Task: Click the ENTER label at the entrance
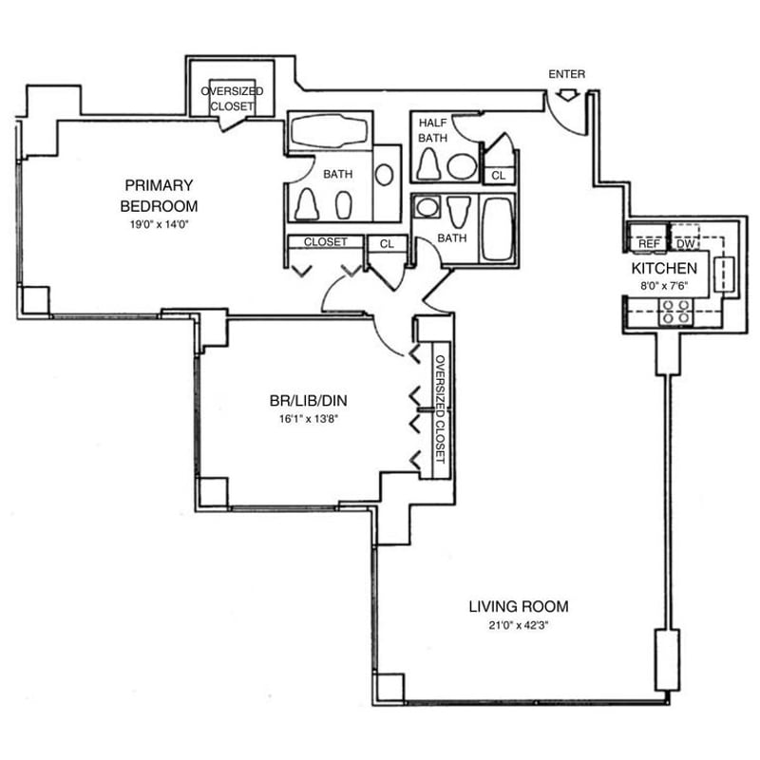[x=566, y=74]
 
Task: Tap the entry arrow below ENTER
[x=567, y=95]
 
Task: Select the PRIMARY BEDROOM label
[x=159, y=196]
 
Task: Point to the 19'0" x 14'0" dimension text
[x=159, y=224]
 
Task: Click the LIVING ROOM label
[x=519, y=606]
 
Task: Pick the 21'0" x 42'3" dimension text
[x=518, y=625]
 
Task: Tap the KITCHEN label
[x=664, y=268]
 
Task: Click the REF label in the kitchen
[x=649, y=244]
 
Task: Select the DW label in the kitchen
[x=685, y=244]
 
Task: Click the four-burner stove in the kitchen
[x=676, y=312]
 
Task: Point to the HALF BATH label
[x=433, y=130]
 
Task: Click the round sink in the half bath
[x=462, y=165]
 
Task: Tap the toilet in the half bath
[x=429, y=163]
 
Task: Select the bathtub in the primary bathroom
[x=330, y=131]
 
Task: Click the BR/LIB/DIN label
[x=308, y=401]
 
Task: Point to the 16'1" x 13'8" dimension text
[x=308, y=419]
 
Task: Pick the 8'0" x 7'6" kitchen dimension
[x=664, y=286]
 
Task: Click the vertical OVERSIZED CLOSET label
[x=441, y=409]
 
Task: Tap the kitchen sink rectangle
[x=725, y=275]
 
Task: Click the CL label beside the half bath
[x=498, y=176]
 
